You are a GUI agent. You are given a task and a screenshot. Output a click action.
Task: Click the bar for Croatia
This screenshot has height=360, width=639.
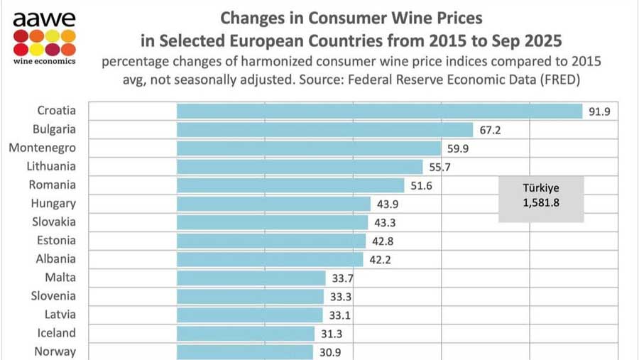click(x=379, y=111)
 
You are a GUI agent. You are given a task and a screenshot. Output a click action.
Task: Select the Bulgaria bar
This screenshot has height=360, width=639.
click(x=324, y=129)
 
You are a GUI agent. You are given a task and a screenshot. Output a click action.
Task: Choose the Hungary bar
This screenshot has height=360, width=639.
click(x=273, y=204)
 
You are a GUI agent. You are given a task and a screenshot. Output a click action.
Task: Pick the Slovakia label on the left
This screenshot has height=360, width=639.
click(x=54, y=222)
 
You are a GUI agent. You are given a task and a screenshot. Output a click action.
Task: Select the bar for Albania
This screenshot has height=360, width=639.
click(x=270, y=259)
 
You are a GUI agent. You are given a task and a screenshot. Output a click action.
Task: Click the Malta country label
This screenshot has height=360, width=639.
click(x=60, y=277)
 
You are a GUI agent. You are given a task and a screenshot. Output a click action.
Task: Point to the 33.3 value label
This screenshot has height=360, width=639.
click(x=341, y=297)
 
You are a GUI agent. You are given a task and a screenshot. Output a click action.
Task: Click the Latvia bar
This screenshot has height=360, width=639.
click(x=249, y=315)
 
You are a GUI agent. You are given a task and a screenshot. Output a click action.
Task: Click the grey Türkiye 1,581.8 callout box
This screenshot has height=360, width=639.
click(x=541, y=199)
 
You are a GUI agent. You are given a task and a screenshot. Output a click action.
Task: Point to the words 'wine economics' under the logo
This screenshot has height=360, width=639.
click(x=44, y=60)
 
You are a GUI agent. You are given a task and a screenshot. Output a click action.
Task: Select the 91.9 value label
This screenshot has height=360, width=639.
click(x=599, y=111)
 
